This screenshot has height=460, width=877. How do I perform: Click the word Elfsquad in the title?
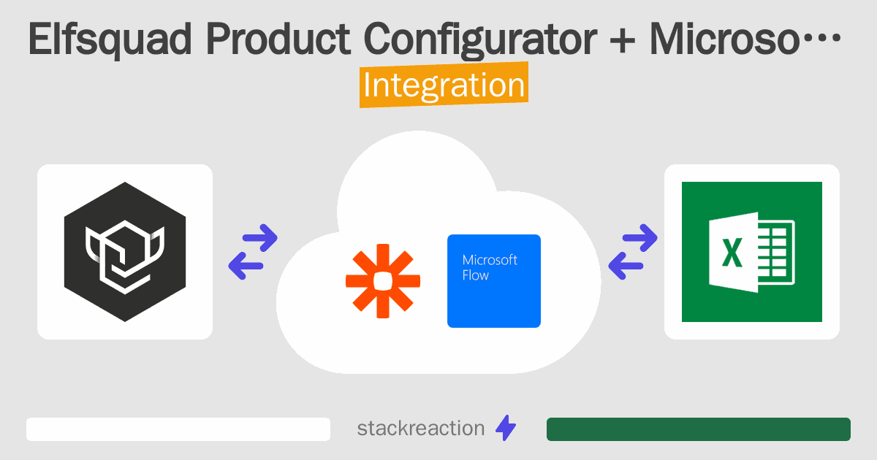[110, 39]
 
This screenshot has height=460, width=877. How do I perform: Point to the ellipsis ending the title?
[821, 38]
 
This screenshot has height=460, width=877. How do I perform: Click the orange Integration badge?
[444, 85]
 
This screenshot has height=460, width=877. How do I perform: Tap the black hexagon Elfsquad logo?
[125, 252]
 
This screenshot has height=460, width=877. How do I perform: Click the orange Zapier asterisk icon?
[383, 281]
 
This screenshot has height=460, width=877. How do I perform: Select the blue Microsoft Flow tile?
[494, 281]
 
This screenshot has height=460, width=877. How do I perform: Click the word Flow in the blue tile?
[475, 275]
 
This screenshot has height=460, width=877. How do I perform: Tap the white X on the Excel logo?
[732, 253]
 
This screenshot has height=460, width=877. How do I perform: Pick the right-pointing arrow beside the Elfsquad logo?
[260, 238]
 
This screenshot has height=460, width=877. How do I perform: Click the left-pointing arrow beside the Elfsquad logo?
[246, 266]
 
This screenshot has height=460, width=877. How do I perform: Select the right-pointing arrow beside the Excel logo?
[639, 238]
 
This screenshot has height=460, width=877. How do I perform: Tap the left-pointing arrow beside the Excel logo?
[626, 266]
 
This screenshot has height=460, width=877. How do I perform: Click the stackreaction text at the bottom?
[421, 429]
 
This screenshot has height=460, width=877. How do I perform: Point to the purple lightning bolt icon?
[506, 428]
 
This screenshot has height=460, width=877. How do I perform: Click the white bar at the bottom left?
[178, 429]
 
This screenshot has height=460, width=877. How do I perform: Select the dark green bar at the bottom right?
[699, 429]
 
